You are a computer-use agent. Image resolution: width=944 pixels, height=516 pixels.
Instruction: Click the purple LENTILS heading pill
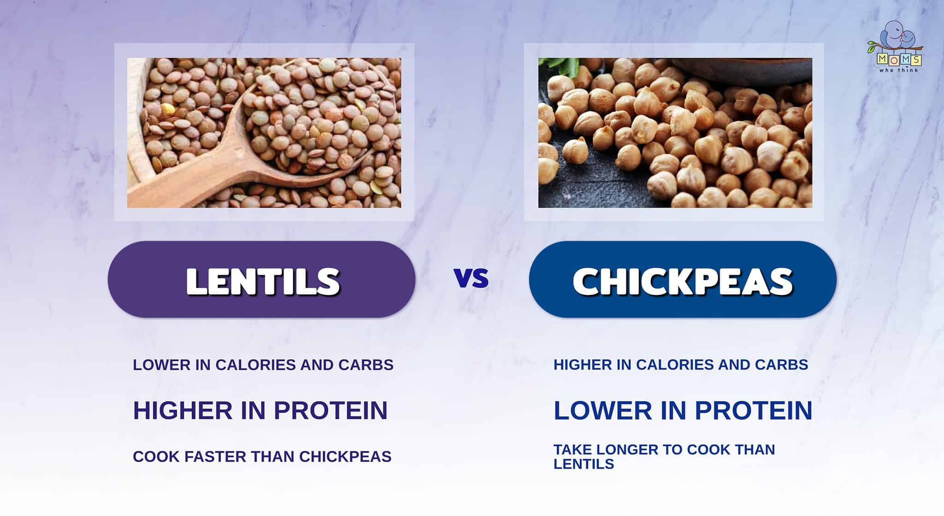[x=261, y=279]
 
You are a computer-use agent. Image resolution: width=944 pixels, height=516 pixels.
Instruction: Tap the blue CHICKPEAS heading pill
[x=682, y=279]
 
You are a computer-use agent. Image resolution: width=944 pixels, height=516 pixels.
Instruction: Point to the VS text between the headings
[x=471, y=278]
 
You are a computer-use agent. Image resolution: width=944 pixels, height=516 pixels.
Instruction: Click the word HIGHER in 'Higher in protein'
[x=183, y=410]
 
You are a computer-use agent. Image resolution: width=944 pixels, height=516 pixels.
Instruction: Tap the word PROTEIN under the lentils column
[x=330, y=410]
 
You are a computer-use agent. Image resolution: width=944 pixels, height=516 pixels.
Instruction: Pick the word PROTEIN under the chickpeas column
[x=753, y=410]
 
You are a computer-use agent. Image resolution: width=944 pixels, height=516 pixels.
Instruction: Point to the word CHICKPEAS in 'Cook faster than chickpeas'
[x=345, y=457]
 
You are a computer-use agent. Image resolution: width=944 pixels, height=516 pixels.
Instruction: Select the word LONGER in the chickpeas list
[x=622, y=449]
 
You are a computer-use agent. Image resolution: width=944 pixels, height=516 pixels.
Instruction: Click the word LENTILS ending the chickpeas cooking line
[x=584, y=464]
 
